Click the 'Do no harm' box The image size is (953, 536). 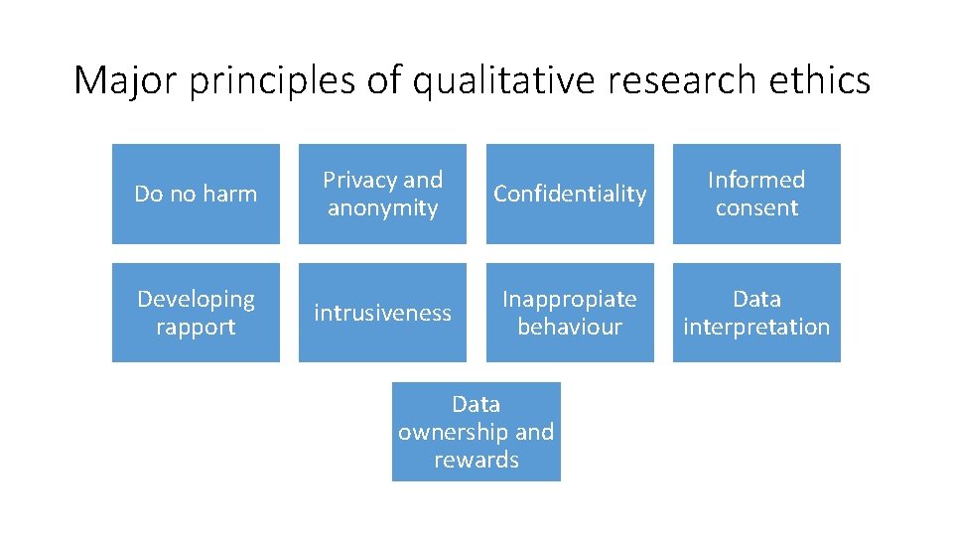[x=196, y=195]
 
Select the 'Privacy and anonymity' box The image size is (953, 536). [x=382, y=195]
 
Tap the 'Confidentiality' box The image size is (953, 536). [x=570, y=195]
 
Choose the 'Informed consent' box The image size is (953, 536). [x=756, y=195]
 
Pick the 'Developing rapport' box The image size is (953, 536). [x=196, y=313]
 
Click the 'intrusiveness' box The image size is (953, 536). [x=382, y=313]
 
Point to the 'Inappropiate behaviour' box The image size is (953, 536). [x=570, y=313]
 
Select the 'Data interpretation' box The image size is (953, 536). [x=756, y=313]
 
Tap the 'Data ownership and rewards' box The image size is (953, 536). [x=476, y=432]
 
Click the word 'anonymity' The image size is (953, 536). [x=382, y=208]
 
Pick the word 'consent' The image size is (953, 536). [x=756, y=208]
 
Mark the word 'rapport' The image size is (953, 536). [x=196, y=328]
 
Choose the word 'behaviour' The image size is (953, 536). [x=570, y=327]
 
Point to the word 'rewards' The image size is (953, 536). [x=476, y=460]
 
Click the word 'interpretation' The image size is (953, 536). [x=756, y=327]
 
